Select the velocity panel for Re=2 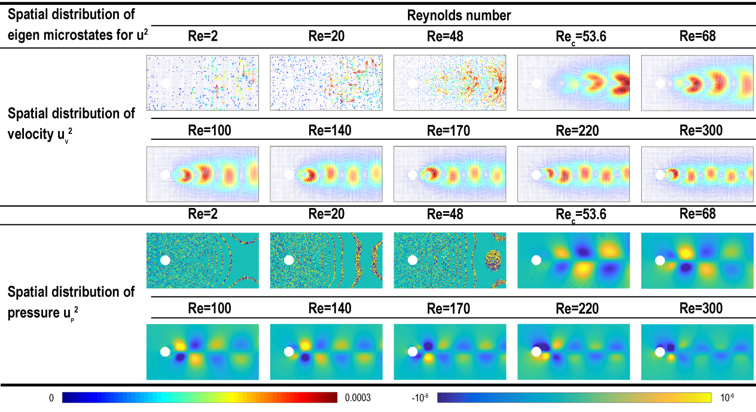coord(203,83)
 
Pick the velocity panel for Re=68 coord(697,83)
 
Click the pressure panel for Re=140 coord(326,352)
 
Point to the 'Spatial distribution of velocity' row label coord(71,122)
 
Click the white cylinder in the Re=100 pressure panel coord(165,352)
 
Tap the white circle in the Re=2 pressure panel coord(165,260)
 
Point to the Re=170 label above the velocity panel coord(450,126)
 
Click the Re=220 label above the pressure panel coord(573,309)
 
